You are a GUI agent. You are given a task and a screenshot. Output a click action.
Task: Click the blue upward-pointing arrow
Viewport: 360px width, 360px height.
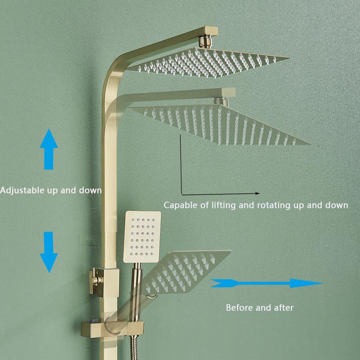(48, 148)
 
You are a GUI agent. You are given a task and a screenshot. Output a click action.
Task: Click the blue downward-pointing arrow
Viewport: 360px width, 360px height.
(48, 253)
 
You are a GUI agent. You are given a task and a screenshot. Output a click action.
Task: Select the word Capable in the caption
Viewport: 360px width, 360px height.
(179, 205)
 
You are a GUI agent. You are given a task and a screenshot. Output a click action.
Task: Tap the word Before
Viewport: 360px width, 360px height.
(239, 308)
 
